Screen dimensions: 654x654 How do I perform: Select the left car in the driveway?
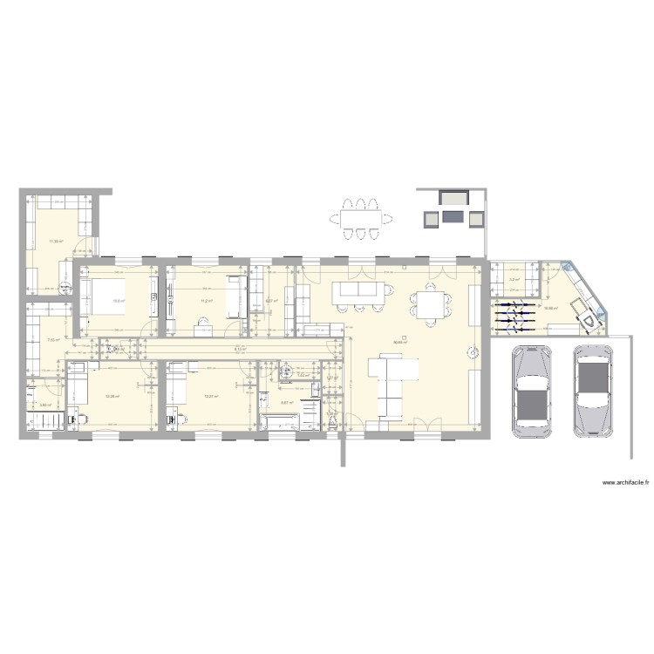coord(530,392)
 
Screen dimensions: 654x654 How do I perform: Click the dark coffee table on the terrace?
coord(453,215)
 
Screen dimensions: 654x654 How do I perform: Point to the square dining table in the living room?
coord(432,305)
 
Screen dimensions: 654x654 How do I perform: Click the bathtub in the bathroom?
coord(283,423)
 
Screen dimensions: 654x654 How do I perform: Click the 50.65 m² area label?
coord(401,342)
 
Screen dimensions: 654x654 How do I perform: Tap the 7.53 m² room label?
coord(52,340)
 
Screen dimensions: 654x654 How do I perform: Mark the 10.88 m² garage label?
coord(550,308)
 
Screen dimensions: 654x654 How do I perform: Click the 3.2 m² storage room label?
coord(514,280)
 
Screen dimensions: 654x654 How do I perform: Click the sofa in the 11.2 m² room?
coord(234,296)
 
